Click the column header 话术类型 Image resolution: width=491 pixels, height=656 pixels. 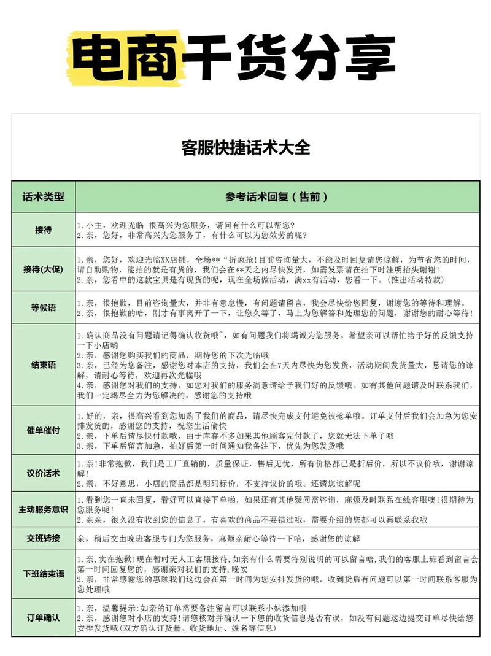pyautogui.click(x=43, y=197)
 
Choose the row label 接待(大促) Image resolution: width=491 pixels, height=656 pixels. pyautogui.click(x=43, y=269)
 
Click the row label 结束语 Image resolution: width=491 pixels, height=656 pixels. pyautogui.click(x=43, y=365)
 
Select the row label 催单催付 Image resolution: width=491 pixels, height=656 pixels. pyautogui.click(x=43, y=430)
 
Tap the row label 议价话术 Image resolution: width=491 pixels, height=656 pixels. pyautogui.click(x=43, y=473)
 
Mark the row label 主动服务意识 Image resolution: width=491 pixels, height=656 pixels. pyautogui.click(x=43, y=509)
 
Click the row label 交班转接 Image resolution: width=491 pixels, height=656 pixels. pyautogui.click(x=43, y=538)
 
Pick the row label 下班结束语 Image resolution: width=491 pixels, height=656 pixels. pyautogui.click(x=43, y=574)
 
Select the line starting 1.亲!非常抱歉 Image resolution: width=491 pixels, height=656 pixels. pyautogui.click(x=270, y=464)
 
